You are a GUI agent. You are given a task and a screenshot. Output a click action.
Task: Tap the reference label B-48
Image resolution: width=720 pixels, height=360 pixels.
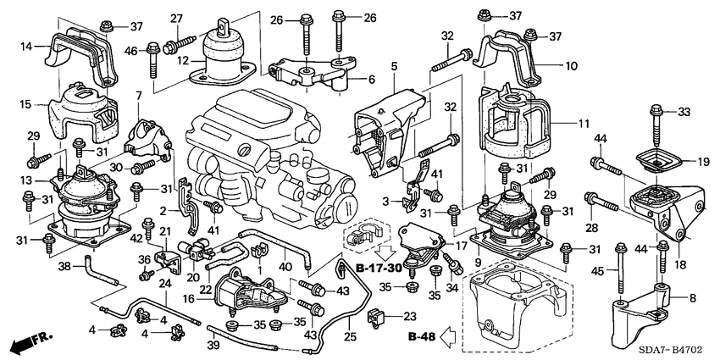419,336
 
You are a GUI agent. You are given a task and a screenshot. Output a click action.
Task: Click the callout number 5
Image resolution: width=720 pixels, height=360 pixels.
394,65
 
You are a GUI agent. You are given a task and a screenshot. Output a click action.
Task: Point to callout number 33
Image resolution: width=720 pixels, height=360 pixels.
683,111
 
